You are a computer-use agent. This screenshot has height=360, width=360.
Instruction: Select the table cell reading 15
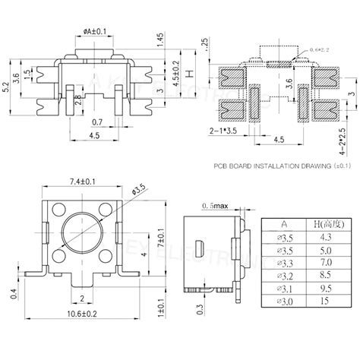pos(326,302)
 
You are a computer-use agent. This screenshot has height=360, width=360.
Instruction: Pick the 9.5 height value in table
pos(326,289)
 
